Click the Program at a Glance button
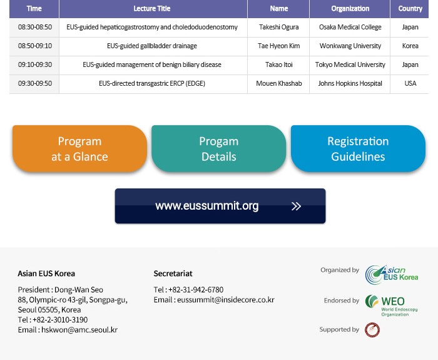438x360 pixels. point(79,149)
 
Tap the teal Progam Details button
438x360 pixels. point(219,149)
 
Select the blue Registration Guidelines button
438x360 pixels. point(358,149)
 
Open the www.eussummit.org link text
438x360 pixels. point(207,206)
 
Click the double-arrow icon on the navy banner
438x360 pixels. point(296,206)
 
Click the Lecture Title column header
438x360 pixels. point(152,9)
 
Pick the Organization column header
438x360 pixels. point(350,9)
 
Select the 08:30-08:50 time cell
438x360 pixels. point(35,27)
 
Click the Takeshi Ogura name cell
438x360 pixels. point(279,27)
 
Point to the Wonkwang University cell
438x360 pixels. point(350,46)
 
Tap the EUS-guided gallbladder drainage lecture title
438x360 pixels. point(152,46)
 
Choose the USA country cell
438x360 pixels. point(410,83)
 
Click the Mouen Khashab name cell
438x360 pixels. point(279,83)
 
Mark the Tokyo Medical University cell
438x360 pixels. point(350,64)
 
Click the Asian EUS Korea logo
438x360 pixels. point(392,274)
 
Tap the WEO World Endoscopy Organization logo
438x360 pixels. point(391,306)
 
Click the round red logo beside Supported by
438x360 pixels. point(372,330)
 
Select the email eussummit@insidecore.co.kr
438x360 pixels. point(226,300)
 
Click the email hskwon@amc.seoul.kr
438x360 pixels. point(79,330)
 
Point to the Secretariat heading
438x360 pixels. point(173,274)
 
